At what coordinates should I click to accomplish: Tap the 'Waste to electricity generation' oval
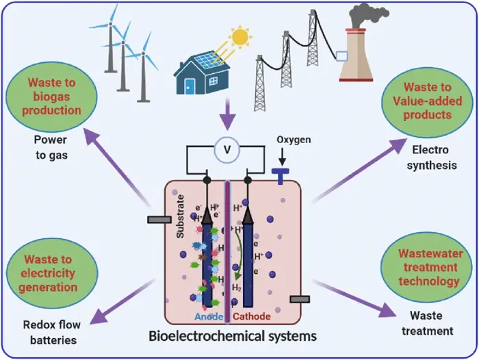50,272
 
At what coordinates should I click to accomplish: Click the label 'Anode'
207,317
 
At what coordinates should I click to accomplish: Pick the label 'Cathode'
253,317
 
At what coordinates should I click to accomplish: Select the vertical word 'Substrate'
181,218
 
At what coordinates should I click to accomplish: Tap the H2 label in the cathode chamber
236,287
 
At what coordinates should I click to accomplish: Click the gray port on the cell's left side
159,220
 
